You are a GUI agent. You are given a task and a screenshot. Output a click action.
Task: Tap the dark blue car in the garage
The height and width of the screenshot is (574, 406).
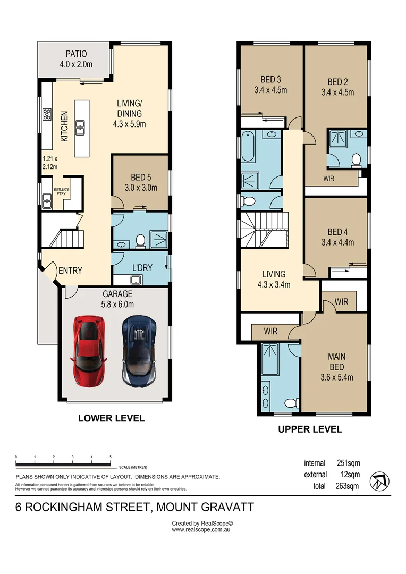click(x=138, y=351)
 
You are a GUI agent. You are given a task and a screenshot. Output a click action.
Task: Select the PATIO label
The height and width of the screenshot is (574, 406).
click(x=76, y=54)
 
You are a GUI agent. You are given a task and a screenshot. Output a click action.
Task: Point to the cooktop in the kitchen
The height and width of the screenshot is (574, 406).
click(x=46, y=114)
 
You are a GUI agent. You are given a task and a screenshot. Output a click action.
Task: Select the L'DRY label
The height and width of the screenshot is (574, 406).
click(x=141, y=267)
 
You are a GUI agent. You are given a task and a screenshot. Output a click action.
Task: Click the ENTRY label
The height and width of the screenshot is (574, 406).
click(x=70, y=271)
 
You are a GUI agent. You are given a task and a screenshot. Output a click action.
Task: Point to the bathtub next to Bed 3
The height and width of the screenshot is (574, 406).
click(x=248, y=146)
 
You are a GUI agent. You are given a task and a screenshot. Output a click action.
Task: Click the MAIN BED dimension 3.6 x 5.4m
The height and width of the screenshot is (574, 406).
click(x=336, y=378)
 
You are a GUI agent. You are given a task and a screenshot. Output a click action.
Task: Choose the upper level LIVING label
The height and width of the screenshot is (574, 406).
click(x=274, y=274)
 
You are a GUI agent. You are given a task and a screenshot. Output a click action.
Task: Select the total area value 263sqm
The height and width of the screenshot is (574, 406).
click(x=348, y=486)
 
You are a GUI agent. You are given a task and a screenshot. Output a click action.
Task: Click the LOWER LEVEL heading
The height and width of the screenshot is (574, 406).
click(x=111, y=418)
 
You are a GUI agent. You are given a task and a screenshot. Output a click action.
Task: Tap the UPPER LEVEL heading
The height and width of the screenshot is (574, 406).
click(x=310, y=429)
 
